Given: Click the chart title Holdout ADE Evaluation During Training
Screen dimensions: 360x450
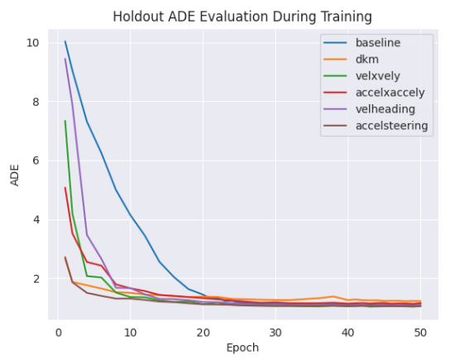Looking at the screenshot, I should [x=232, y=16].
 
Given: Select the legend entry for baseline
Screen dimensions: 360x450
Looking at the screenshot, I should [x=379, y=42].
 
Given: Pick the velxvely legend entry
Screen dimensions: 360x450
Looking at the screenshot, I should [x=378, y=75].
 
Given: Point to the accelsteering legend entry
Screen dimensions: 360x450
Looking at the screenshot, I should [x=391, y=126].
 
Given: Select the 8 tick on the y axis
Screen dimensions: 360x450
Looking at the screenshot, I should [x=33, y=102].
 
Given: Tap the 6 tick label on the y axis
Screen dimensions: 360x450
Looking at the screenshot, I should [x=33, y=161].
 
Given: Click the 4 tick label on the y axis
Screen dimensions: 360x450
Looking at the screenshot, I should [x=33, y=219].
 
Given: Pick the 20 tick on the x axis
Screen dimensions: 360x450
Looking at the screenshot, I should [x=203, y=332].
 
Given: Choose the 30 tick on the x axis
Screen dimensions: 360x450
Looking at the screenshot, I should [x=276, y=332].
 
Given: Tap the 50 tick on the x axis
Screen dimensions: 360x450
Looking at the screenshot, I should [x=421, y=332].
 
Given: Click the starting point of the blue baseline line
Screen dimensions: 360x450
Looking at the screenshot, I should [x=65, y=41].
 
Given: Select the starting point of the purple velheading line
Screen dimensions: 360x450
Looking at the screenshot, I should [x=65, y=59].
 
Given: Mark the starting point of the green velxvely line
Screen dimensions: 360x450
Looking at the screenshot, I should [x=65, y=121].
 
